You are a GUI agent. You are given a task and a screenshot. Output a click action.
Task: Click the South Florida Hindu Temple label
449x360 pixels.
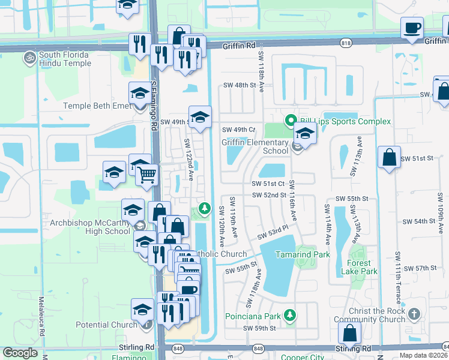click(64, 59)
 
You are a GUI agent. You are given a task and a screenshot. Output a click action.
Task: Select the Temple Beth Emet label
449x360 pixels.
click(96, 106)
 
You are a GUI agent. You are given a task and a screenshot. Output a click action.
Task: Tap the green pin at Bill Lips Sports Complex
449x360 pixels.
click(291, 121)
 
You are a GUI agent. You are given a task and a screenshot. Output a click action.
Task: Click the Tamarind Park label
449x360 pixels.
click(303, 255)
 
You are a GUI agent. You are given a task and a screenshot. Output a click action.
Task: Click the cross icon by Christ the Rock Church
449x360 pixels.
click(414, 314)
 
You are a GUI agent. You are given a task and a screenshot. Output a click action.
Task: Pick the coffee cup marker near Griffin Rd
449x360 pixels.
click(412, 28)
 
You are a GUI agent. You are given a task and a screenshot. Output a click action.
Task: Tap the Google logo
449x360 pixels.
click(20, 353)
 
